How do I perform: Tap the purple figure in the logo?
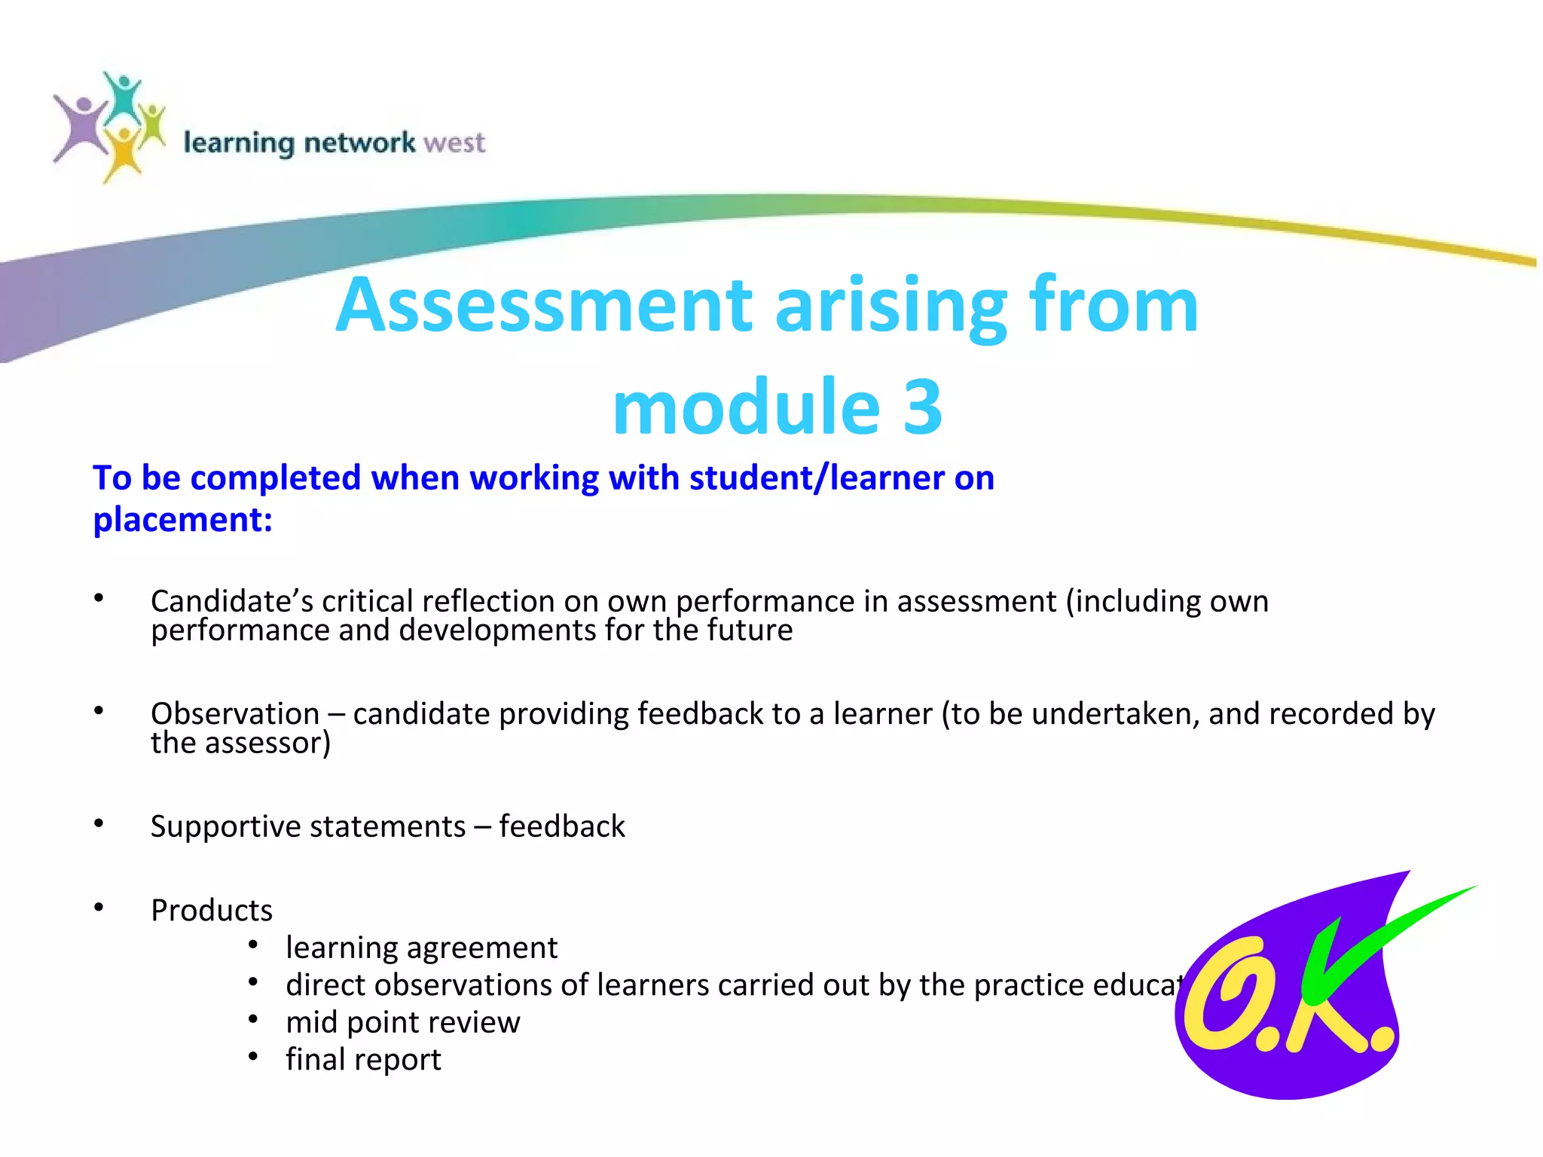pyautogui.click(x=81, y=128)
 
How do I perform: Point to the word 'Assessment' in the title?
pyautogui.click(x=544, y=305)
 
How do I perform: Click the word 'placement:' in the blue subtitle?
pyautogui.click(x=182, y=520)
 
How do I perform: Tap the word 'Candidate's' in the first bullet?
pyautogui.click(x=232, y=601)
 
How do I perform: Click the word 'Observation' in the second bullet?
pyautogui.click(x=235, y=713)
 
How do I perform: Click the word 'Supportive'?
pyautogui.click(x=232, y=826)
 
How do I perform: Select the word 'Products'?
pyautogui.click(x=212, y=910)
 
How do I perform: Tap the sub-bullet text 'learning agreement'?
pyautogui.click(x=421, y=948)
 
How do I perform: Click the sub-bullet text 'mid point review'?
pyautogui.click(x=402, y=1022)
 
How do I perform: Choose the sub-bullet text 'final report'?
pyautogui.click(x=363, y=1060)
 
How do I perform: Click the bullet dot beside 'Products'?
pyautogui.click(x=99, y=907)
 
